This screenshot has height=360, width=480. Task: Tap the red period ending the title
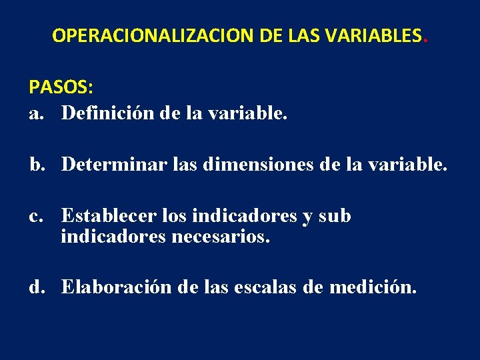coord(425,39)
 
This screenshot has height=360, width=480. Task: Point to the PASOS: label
coord(61,87)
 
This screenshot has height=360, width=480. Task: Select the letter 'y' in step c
coord(307,217)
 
